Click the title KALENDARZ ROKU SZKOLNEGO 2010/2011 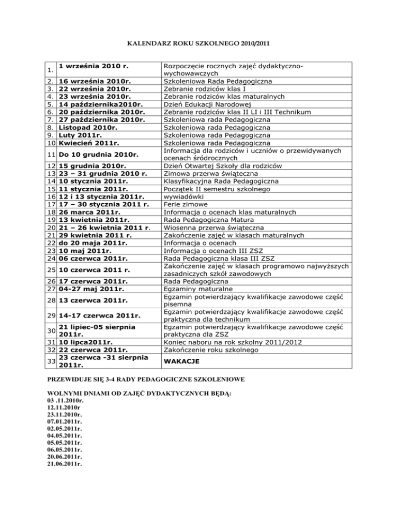[x=198, y=38]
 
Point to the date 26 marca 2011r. [x=90, y=212]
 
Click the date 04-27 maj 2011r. [x=91, y=290]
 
